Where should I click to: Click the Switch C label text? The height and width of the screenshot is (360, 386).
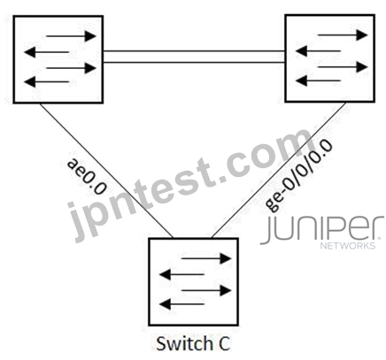[x=193, y=344]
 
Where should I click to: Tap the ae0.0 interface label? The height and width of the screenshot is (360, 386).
[x=87, y=176]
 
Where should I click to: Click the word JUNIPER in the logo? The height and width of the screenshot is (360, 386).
[x=322, y=230]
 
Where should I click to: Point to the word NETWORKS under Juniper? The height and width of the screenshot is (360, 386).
[x=348, y=245]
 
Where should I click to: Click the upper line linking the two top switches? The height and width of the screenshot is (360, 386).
[x=194, y=51]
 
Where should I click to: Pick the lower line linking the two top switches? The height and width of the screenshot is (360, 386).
[x=194, y=62]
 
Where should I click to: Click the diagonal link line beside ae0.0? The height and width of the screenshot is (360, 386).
[x=106, y=171]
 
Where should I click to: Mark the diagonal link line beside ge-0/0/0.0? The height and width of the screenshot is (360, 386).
[x=279, y=170]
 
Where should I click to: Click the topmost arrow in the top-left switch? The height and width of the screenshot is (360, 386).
[x=71, y=36]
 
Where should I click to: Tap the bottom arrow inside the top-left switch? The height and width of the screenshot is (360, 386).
[x=46, y=81]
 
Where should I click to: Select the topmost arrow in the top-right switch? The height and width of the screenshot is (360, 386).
[x=343, y=35]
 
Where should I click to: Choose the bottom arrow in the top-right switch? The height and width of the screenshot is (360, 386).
[x=318, y=80]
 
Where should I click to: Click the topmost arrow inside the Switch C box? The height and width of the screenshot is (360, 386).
[x=206, y=258]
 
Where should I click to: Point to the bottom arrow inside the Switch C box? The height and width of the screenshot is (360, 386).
[x=181, y=304]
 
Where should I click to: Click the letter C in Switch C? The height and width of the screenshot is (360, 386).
[x=225, y=344]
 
